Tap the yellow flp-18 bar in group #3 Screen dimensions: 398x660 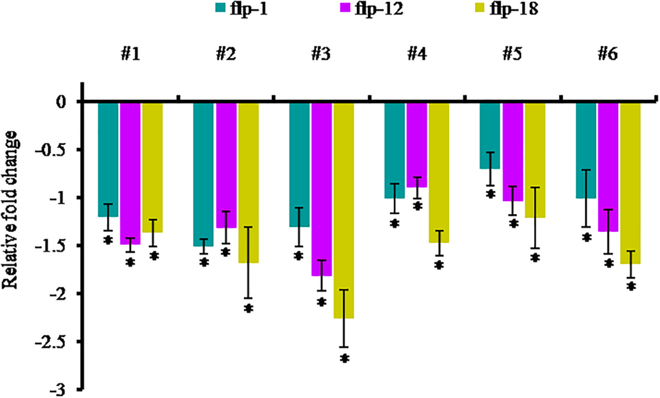point(344,210)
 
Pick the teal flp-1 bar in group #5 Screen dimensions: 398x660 point(490,136)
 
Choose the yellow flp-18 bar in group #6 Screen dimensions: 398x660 point(630,183)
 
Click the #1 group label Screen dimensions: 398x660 point(131,54)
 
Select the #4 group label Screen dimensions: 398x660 point(417,54)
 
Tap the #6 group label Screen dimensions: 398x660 point(608,54)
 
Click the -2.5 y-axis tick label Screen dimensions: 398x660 point(51,342)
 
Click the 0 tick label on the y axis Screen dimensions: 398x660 point(61,103)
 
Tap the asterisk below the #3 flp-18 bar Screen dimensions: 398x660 point(344,359)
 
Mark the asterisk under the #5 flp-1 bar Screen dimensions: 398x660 point(491,194)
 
